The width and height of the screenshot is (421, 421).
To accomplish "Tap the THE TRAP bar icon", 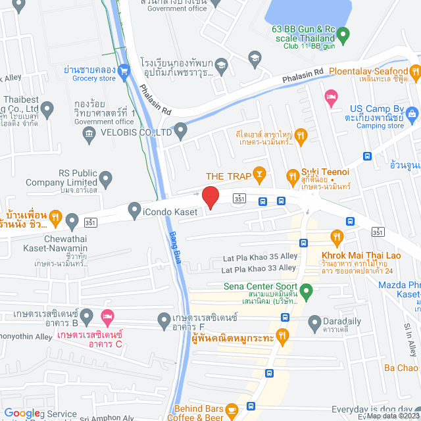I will [260, 174].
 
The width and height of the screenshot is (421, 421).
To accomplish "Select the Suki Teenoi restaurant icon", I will [293, 176].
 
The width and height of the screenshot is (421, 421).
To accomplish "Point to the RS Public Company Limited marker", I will [105, 177].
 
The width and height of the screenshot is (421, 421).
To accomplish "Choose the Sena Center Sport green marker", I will [305, 289].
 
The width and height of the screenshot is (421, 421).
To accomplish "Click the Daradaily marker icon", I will [314, 320].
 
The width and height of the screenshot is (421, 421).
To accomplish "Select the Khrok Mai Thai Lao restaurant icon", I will [337, 236].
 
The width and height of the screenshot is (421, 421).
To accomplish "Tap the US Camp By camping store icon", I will [412, 114].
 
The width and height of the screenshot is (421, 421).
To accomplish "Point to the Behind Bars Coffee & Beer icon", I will [232, 410].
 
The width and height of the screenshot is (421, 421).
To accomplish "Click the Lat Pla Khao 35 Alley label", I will [260, 257].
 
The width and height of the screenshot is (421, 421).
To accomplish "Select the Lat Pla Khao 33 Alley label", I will [259, 269].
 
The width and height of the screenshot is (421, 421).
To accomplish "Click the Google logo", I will [22, 412].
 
